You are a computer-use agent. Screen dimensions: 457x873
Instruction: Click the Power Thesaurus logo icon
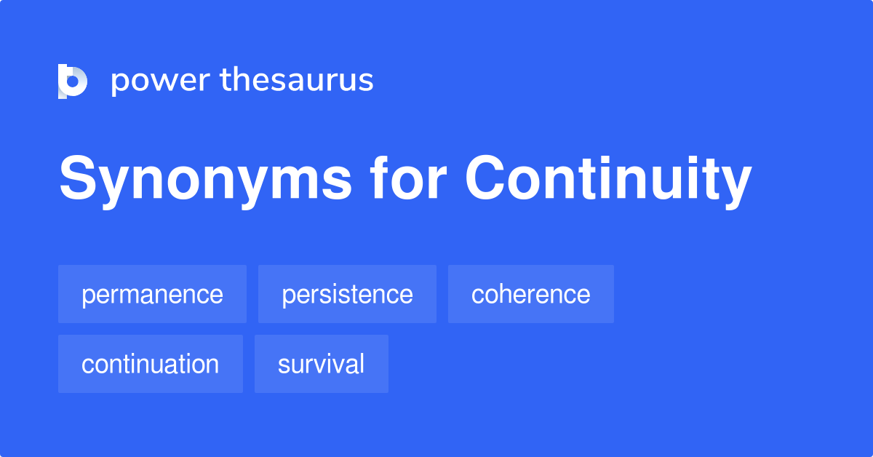pyautogui.click(x=73, y=81)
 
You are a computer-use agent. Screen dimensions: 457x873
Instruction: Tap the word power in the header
pyautogui.click(x=159, y=81)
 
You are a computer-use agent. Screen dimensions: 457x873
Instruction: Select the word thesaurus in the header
pyautogui.click(x=297, y=80)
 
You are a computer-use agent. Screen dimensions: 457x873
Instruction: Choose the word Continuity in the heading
pyautogui.click(x=608, y=180)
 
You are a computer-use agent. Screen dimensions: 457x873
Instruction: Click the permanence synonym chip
pyautogui.click(x=152, y=294)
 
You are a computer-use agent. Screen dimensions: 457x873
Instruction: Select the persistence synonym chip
pyautogui.click(x=347, y=294)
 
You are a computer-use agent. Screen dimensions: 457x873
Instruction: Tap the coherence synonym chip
pyautogui.click(x=530, y=294)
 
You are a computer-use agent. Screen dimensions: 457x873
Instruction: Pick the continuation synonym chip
pyautogui.click(x=150, y=364)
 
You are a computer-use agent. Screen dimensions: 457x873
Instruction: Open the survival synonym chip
pyautogui.click(x=321, y=364)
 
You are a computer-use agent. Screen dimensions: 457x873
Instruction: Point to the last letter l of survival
pyautogui.click(x=362, y=363)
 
